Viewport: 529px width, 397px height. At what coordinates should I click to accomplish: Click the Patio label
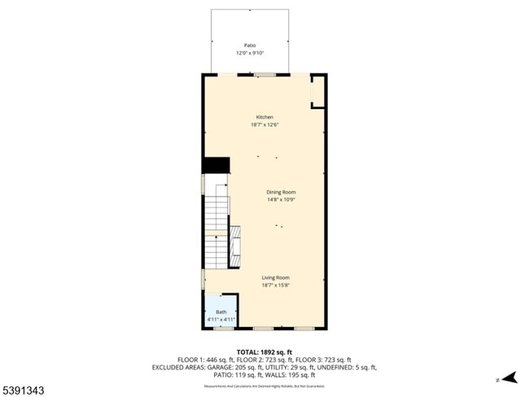[250, 46]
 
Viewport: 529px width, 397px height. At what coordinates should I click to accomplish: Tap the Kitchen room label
[264, 117]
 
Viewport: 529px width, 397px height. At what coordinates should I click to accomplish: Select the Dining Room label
[280, 192]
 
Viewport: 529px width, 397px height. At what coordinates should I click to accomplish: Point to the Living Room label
[275, 277]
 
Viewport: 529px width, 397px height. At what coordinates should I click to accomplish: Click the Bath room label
[221, 312]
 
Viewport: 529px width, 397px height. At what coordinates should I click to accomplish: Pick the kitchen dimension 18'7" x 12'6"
[264, 124]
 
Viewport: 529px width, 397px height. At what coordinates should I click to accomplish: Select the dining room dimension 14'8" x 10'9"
[280, 199]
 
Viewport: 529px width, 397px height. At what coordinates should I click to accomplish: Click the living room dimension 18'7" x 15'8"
[275, 285]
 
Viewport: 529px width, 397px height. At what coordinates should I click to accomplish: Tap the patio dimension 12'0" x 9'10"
[250, 53]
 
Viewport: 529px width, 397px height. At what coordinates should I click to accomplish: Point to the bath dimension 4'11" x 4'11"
[221, 320]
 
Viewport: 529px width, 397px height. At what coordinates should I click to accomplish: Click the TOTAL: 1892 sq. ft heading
[264, 351]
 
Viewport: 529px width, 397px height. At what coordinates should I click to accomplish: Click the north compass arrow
[509, 377]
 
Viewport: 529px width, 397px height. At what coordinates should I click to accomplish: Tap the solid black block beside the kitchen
[215, 164]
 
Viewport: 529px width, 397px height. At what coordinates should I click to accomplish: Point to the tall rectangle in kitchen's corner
[318, 92]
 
